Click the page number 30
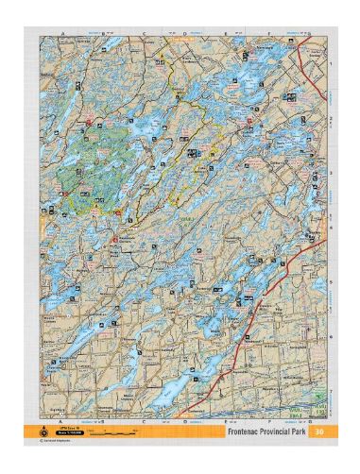coord(320,432)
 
